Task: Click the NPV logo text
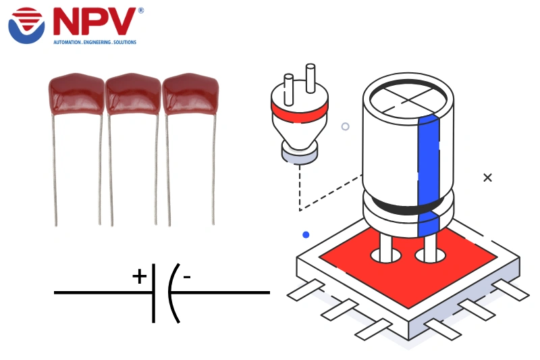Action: [x=94, y=23]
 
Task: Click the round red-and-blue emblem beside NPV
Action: [x=26, y=24]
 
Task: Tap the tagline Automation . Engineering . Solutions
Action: [x=94, y=42]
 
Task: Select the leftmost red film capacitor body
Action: [x=76, y=95]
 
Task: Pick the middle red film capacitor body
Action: [x=133, y=95]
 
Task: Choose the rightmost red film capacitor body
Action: [x=190, y=95]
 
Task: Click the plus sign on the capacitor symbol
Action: [x=139, y=276]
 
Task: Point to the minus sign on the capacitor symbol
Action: [x=187, y=276]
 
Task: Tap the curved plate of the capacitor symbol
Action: [x=171, y=292]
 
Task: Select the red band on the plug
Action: [x=299, y=107]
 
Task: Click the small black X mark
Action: [x=487, y=178]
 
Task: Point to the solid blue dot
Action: [x=306, y=234]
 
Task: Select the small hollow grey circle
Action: [x=345, y=126]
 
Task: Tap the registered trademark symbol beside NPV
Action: [x=140, y=11]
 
